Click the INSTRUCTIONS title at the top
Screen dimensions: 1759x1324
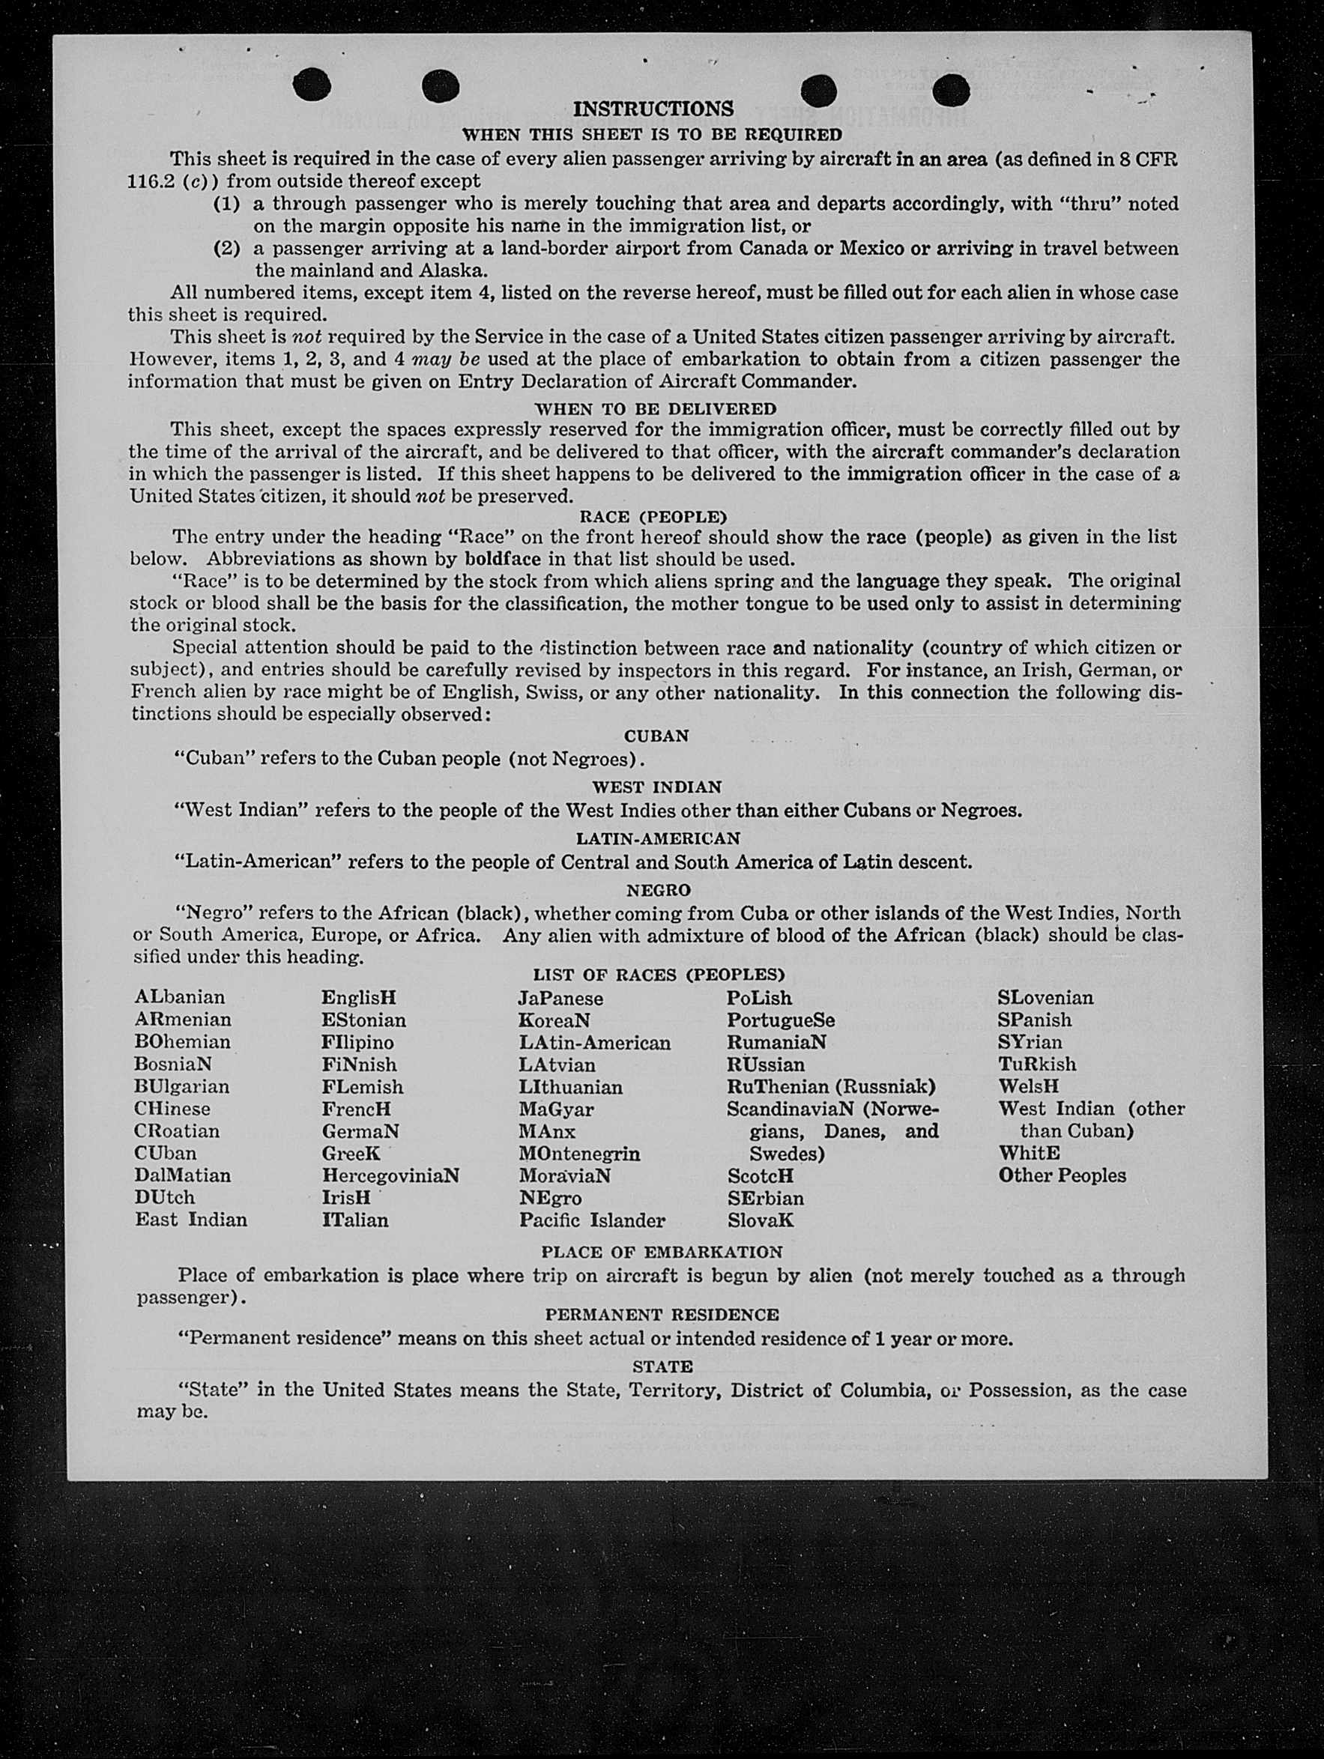(x=653, y=108)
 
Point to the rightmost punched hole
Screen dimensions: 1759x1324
(x=951, y=90)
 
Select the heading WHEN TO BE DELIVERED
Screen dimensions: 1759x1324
(x=655, y=409)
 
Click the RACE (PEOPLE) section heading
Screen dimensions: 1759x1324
(x=653, y=516)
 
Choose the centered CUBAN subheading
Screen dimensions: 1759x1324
(x=656, y=736)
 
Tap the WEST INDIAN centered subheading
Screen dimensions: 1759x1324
(x=656, y=787)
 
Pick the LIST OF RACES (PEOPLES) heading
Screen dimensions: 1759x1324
(x=659, y=975)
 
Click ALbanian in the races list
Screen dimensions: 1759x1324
(x=180, y=997)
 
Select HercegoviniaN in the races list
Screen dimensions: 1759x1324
(x=390, y=1175)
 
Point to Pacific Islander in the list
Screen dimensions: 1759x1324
(x=592, y=1220)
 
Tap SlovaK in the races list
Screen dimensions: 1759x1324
(x=760, y=1220)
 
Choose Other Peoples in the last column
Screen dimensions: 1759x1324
(x=1062, y=1175)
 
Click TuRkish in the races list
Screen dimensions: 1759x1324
(x=1037, y=1064)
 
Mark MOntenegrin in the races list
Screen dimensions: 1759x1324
(x=579, y=1153)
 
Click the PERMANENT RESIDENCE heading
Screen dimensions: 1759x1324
(x=662, y=1315)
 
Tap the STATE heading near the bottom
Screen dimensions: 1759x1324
(x=662, y=1366)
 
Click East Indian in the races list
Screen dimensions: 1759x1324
(x=191, y=1220)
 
